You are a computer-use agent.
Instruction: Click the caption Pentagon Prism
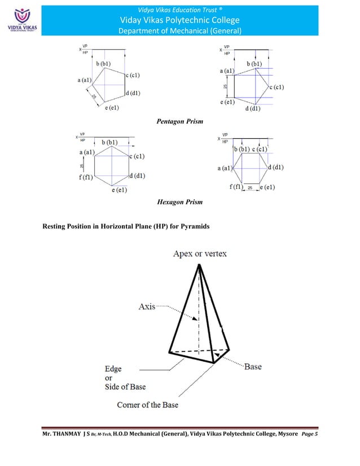[179, 121]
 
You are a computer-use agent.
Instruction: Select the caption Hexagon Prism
[180, 201]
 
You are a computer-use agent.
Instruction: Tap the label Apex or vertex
[200, 254]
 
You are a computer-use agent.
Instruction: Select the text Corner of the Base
[148, 405]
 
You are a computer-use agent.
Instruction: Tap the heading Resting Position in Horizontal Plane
[126, 227]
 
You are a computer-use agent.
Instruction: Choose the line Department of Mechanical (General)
[179, 30]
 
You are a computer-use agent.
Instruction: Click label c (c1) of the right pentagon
[279, 87]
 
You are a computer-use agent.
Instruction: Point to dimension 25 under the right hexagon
[249, 188]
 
